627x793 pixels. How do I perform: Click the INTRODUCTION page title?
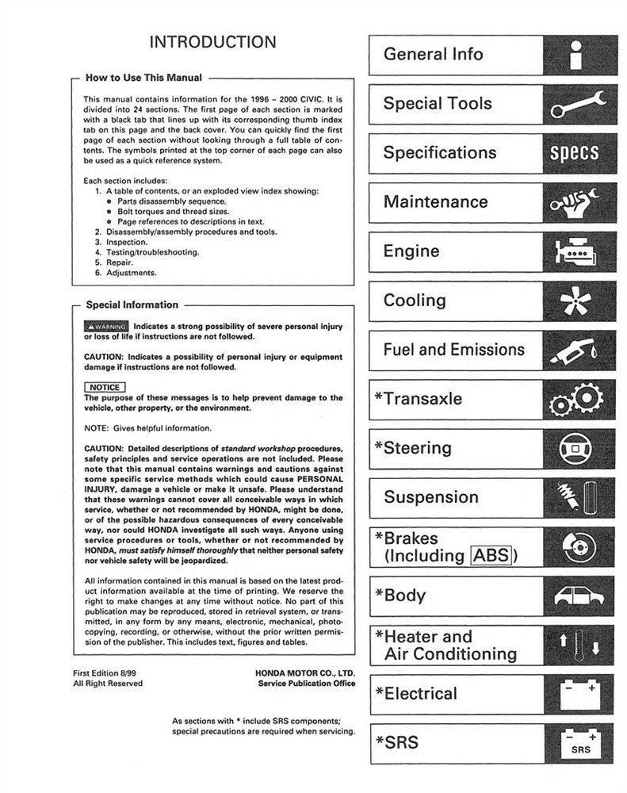(212, 42)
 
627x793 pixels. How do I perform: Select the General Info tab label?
(433, 55)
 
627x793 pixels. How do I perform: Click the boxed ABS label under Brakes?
(491, 555)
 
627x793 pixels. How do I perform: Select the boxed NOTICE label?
(104, 387)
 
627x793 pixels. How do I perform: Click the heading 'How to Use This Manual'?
(143, 78)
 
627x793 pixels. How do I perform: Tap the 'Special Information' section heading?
(132, 305)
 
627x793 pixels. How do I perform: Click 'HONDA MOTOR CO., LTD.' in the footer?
(305, 672)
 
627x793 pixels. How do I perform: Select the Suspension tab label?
(431, 498)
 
